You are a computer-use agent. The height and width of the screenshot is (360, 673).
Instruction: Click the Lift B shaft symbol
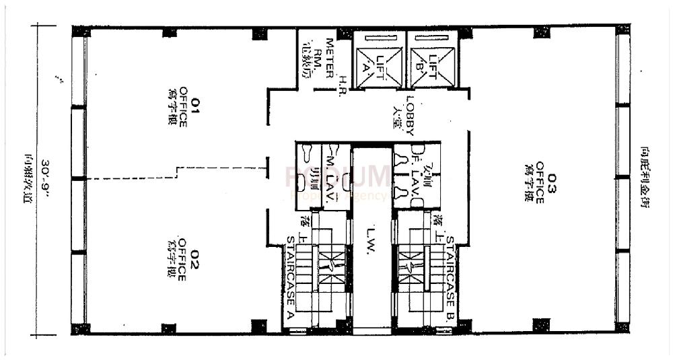coord(432,59)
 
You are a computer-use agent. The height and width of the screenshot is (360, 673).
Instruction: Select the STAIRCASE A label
coord(290,277)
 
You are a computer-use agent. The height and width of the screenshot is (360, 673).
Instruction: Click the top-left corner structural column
coord(81,32)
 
